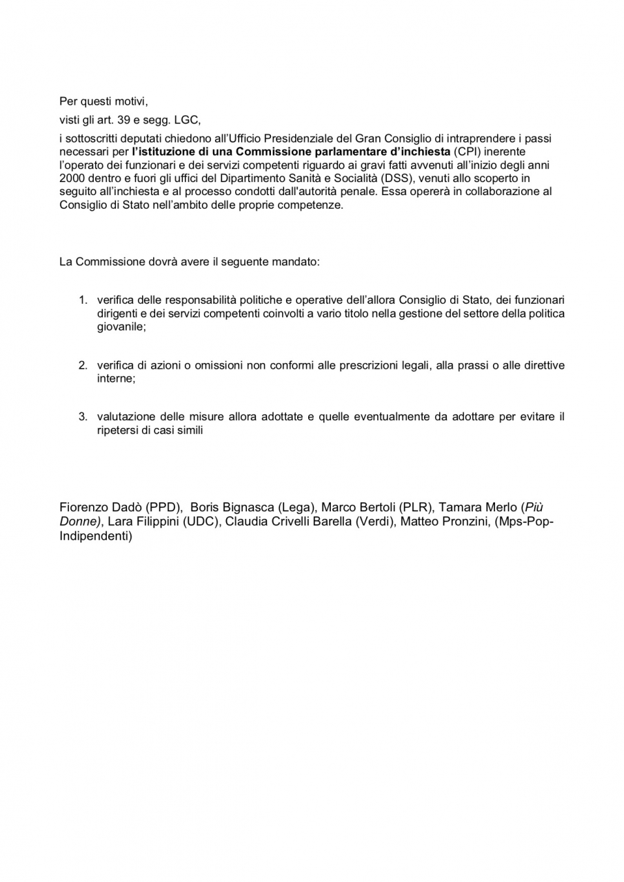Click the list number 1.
tap(82, 300)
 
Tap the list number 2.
tap(82, 365)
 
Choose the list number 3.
tap(82, 417)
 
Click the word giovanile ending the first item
tap(121, 327)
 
